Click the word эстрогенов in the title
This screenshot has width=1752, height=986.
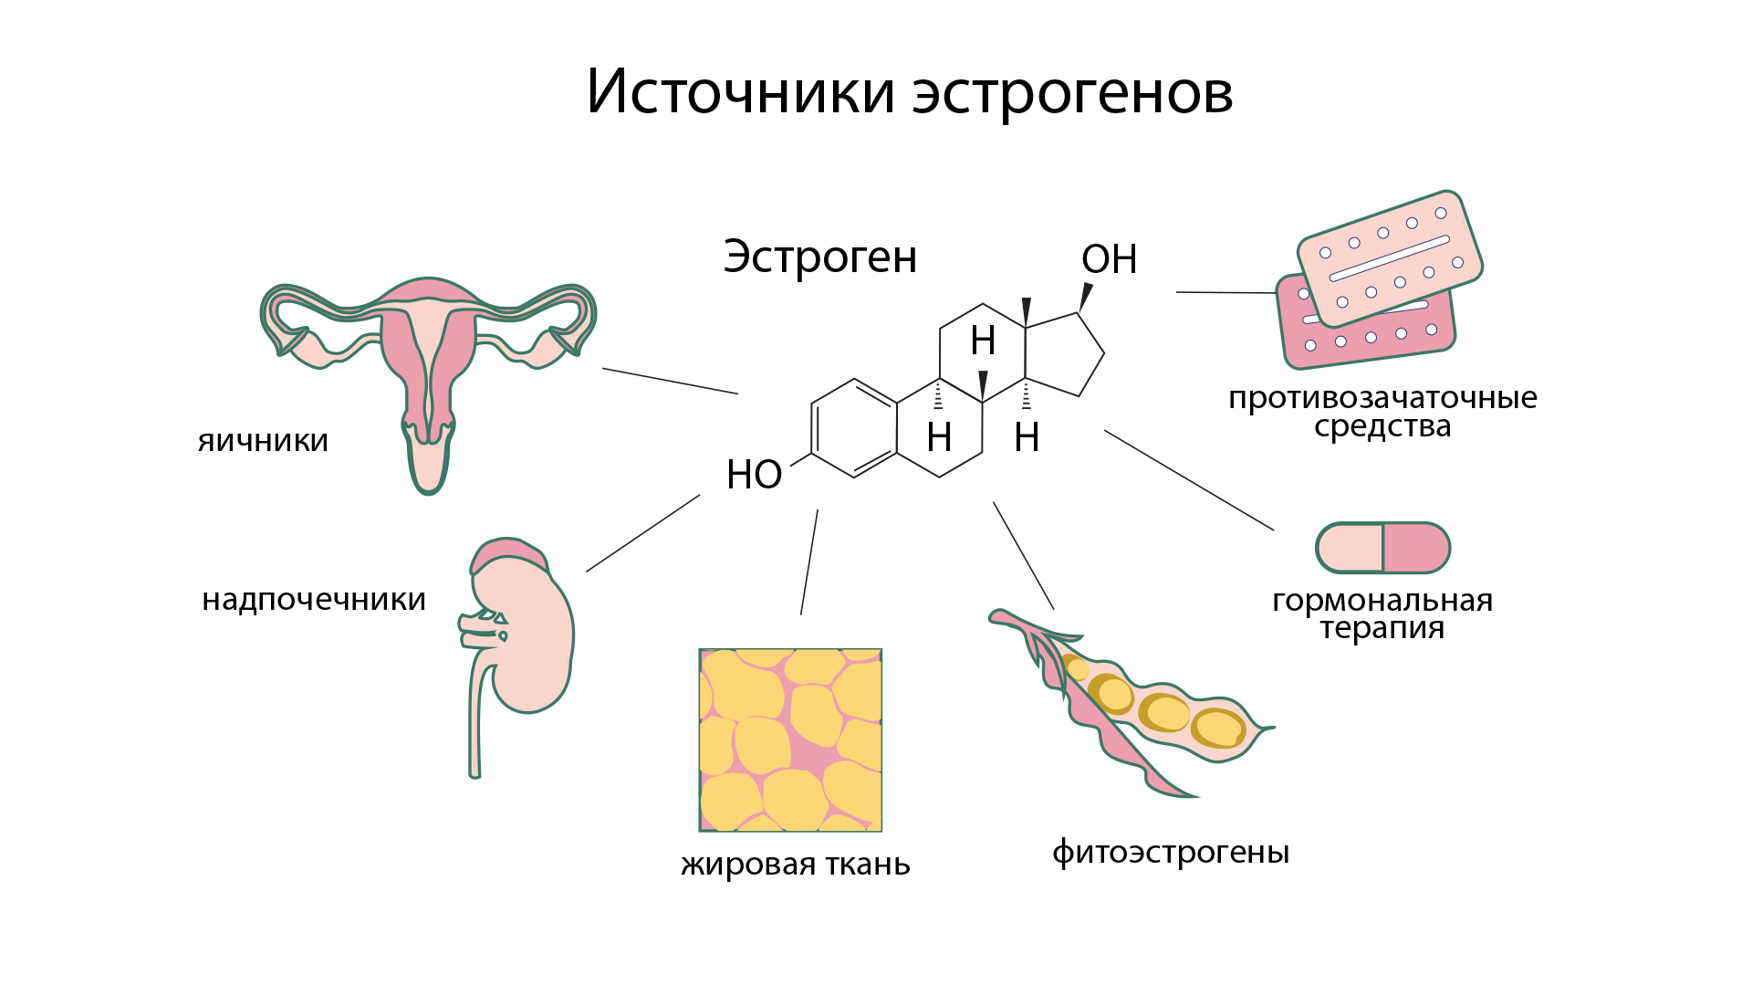point(1073,93)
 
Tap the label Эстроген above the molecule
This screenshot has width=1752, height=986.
point(819,257)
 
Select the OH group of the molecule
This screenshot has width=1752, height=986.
point(1109,259)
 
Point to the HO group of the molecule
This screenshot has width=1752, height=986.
point(754,475)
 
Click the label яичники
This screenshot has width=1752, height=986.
point(263,441)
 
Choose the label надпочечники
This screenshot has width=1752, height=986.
point(314,600)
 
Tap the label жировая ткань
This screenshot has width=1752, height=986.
point(795,864)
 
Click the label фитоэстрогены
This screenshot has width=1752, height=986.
point(1171,852)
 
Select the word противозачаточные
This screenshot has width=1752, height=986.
point(1382,398)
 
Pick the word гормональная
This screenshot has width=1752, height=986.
point(1382,601)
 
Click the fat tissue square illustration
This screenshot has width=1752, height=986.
point(790,739)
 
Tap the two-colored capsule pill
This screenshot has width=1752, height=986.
point(1382,548)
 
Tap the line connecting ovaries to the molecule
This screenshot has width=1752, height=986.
point(670,381)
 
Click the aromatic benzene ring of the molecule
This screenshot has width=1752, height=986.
point(854,428)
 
